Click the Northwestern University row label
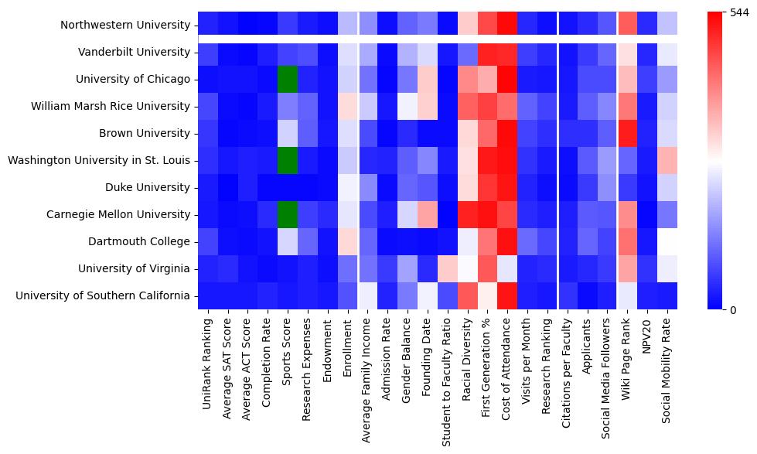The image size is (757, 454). tap(126, 25)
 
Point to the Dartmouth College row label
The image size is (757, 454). tap(145, 241)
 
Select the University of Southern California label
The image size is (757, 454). tap(103, 295)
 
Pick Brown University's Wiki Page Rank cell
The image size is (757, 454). tap(628, 133)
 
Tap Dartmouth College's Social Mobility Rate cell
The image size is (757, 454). tap(667, 241)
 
